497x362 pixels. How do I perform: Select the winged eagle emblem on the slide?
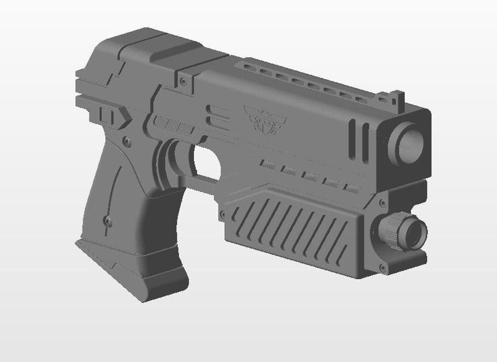pyautogui.click(x=266, y=119)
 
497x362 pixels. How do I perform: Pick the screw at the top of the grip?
pyautogui.click(x=126, y=140)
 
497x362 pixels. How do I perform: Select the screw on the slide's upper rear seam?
pyautogui.click(x=184, y=81)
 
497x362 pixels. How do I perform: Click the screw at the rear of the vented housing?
pyautogui.click(x=223, y=214)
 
